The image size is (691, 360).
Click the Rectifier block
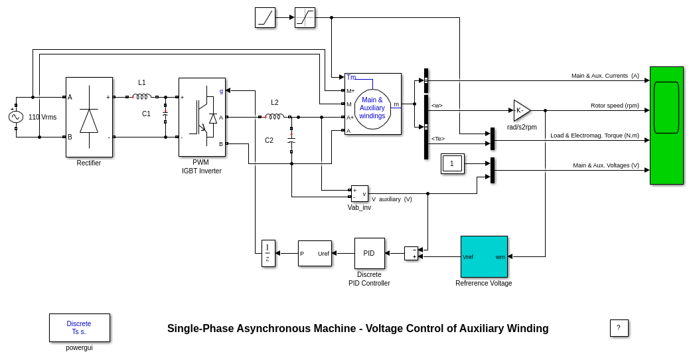click(x=89, y=117)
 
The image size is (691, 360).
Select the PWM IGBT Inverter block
click(x=202, y=117)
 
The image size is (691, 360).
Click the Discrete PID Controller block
click(x=369, y=253)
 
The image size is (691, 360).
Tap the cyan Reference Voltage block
click(x=484, y=256)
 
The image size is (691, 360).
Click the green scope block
click(x=666, y=125)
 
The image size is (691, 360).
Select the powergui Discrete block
click(x=79, y=327)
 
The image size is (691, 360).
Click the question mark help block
click(x=619, y=328)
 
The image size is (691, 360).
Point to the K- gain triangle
click(x=521, y=110)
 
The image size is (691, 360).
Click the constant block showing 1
click(x=452, y=163)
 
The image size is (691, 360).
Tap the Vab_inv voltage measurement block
click(x=359, y=193)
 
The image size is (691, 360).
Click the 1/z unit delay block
click(x=268, y=253)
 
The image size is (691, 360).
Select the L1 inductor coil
click(x=142, y=96)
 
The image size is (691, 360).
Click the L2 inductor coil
click(x=274, y=116)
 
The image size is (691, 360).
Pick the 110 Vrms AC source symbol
click(x=16, y=117)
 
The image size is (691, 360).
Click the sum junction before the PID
click(x=411, y=253)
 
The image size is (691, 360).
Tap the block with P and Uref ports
click(x=315, y=253)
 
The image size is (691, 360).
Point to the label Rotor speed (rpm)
click(x=615, y=106)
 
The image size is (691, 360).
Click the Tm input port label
click(x=351, y=77)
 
